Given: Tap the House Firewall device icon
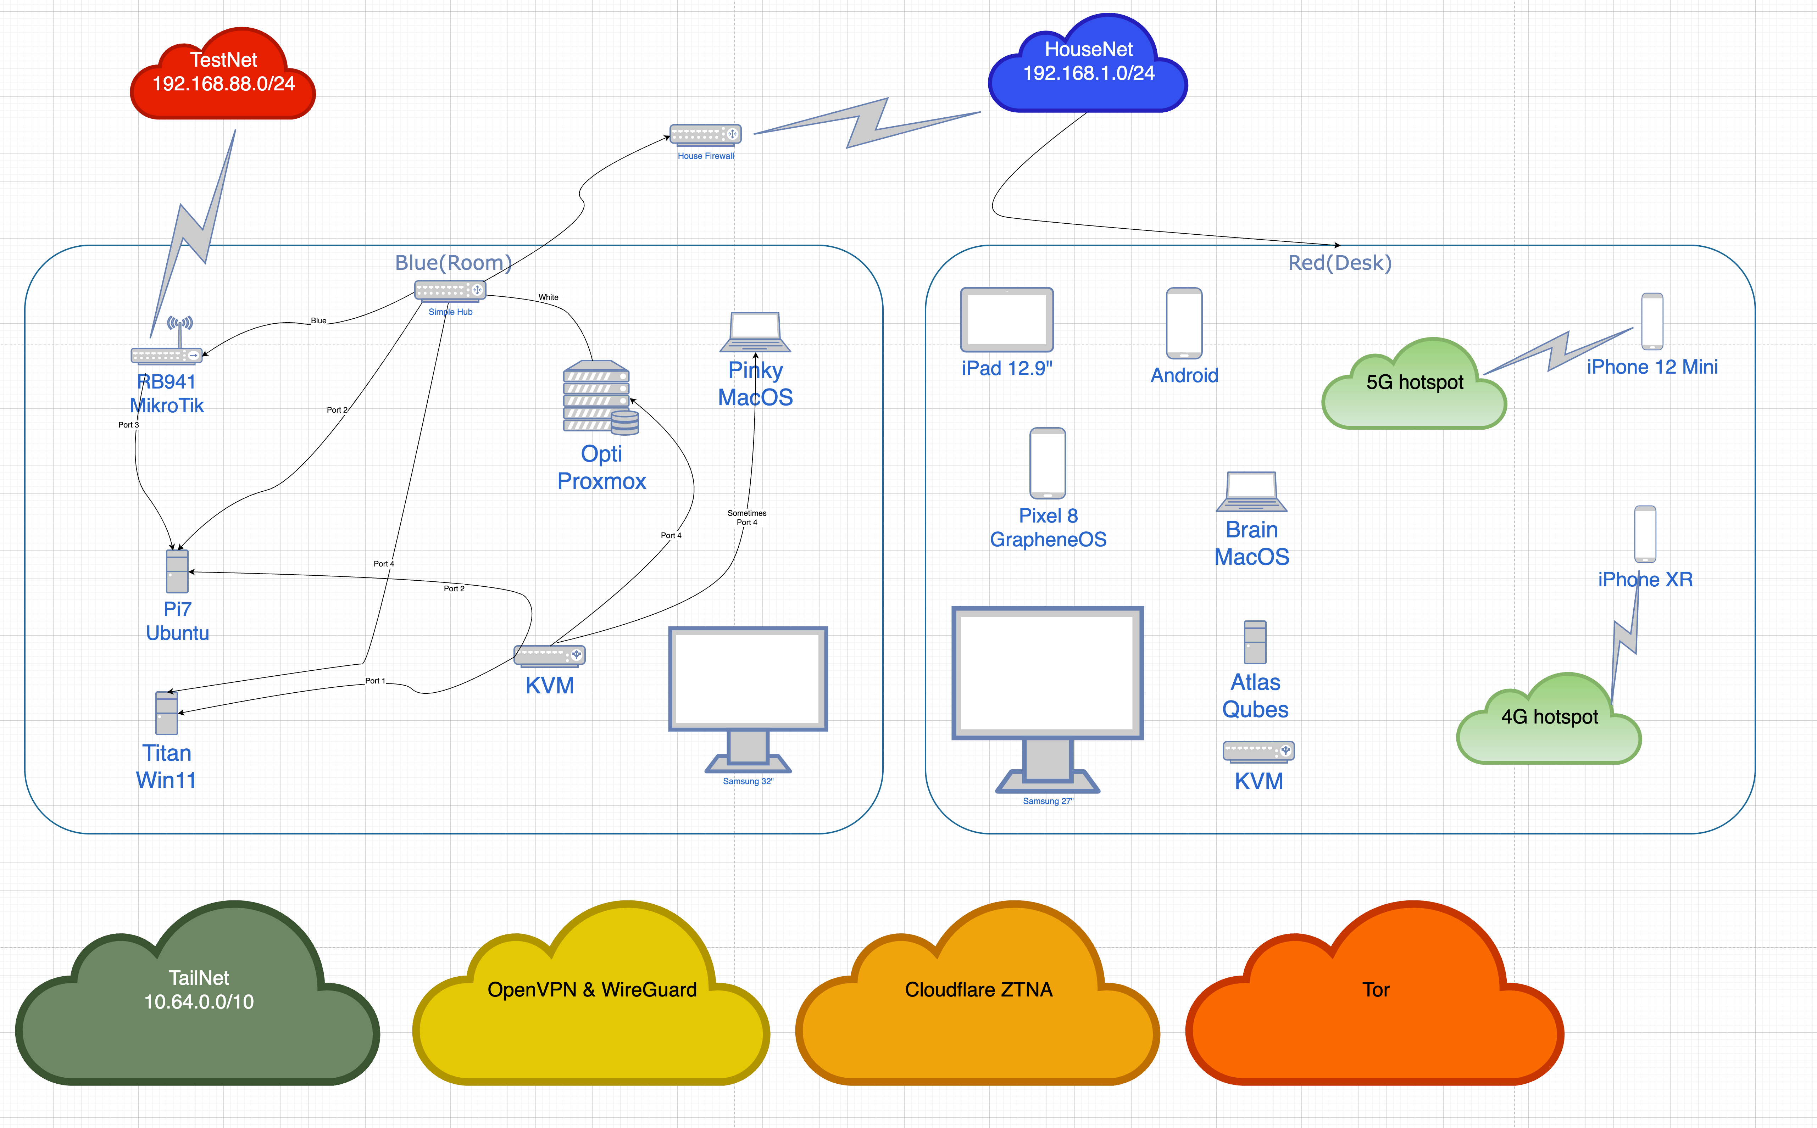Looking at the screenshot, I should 705,134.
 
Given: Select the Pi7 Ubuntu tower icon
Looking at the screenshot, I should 177,571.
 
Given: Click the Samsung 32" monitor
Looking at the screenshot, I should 748,694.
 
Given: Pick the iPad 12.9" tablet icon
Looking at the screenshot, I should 1007,319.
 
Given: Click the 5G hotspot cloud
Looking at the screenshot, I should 1414,388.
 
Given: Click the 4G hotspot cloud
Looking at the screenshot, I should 1549,722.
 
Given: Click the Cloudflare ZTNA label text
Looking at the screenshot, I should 978,990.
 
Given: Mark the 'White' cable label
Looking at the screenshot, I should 549,297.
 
